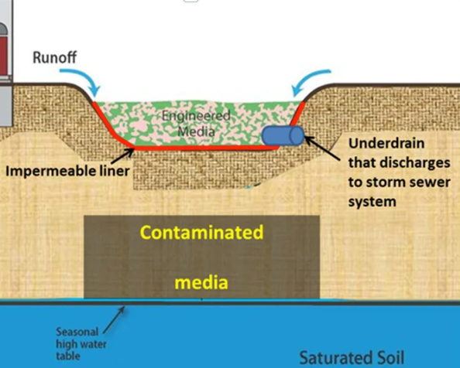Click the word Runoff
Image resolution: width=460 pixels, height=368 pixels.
coord(54,57)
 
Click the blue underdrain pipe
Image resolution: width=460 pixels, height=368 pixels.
coord(283,135)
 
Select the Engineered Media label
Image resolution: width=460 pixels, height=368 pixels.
coord(196,124)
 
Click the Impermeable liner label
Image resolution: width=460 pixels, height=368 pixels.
coord(67,171)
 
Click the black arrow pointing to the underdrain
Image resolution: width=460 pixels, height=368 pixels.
coord(322,148)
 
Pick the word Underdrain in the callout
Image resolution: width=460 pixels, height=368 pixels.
coord(386,144)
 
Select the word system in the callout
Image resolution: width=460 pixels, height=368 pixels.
coord(372,202)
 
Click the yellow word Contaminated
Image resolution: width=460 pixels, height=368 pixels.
coord(202,233)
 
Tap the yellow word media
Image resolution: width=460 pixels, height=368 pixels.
coord(201,283)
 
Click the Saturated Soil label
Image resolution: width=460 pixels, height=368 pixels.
coord(352,358)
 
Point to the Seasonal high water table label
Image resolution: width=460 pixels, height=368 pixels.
coord(81,344)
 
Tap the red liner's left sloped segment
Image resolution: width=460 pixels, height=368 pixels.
coord(113,124)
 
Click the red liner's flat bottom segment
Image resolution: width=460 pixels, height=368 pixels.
coord(205,148)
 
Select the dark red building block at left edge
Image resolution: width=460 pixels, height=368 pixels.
coord(4,55)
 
